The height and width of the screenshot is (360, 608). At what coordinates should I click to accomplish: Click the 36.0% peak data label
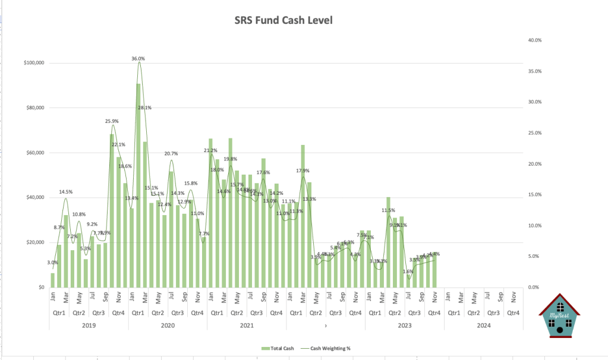138,59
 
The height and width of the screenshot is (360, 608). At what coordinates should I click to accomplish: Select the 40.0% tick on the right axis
534,40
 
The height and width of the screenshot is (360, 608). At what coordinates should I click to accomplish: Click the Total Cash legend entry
278,348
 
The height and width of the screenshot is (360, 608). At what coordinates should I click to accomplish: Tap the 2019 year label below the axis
89,325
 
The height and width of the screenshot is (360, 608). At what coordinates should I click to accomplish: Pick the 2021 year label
247,325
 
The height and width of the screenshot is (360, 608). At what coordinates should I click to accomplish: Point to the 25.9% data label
112,121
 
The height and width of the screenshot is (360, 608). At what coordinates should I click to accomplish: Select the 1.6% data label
408,271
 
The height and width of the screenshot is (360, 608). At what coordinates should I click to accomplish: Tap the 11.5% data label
388,210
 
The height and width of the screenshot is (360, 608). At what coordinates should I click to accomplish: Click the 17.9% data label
303,171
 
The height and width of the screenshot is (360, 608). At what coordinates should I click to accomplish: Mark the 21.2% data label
210,150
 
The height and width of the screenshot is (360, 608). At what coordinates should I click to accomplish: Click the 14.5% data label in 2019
66,192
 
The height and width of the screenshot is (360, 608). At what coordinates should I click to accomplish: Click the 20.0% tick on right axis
534,164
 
